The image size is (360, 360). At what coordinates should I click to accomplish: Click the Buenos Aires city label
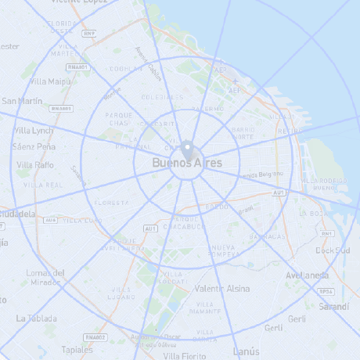click(187, 163)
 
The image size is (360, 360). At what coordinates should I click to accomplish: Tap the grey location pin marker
click(187, 149)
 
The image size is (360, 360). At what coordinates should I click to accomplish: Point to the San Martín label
click(22, 101)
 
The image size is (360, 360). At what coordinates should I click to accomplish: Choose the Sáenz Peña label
click(34, 146)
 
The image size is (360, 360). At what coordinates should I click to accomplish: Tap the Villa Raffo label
click(35, 165)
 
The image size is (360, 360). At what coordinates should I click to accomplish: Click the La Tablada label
click(37, 319)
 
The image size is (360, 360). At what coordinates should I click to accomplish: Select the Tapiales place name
click(77, 349)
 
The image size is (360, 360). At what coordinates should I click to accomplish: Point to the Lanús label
click(246, 351)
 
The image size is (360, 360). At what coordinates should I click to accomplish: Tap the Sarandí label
click(334, 306)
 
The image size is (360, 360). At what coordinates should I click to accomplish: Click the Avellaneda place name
click(307, 275)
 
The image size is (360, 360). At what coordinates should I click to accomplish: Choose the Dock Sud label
click(333, 250)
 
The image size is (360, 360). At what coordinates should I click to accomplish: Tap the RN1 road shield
click(328, 233)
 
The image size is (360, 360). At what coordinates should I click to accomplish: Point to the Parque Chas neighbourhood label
click(120, 119)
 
